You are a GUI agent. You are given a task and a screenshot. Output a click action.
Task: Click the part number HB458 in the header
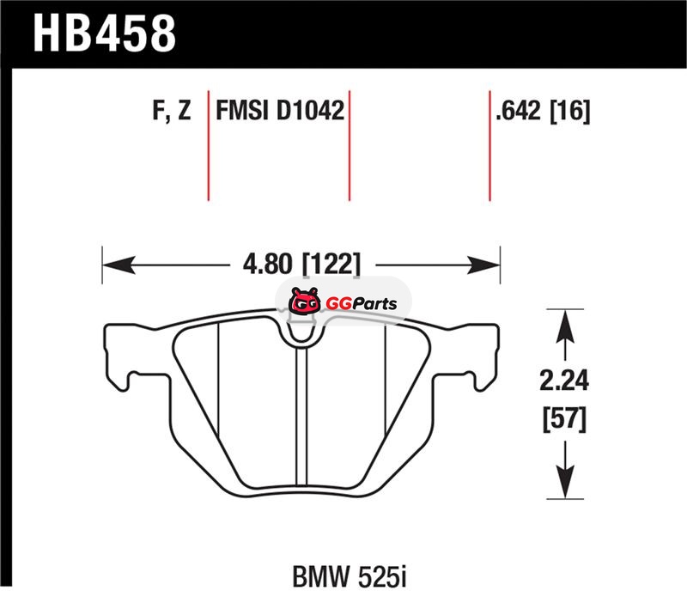(x=104, y=33)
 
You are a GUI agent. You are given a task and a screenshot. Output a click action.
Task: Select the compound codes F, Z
(x=173, y=110)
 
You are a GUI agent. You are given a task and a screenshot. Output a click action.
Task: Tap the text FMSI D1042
(x=280, y=110)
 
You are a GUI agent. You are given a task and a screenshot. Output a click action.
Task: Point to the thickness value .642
(x=519, y=110)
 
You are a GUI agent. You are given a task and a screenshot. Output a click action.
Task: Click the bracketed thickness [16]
(x=570, y=111)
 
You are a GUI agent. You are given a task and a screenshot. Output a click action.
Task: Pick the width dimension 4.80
(x=268, y=265)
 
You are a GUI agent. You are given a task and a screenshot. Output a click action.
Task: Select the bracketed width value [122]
(x=331, y=265)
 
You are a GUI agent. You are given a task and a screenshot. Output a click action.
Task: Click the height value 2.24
(x=564, y=381)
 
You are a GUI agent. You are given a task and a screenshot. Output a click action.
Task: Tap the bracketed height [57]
(x=564, y=419)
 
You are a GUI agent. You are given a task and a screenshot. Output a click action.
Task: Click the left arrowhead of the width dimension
(x=118, y=265)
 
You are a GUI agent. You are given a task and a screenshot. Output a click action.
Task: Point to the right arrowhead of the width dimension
(x=484, y=265)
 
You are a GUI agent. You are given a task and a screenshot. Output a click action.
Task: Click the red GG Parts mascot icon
(x=304, y=301)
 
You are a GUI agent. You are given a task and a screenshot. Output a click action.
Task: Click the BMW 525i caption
(x=350, y=577)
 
